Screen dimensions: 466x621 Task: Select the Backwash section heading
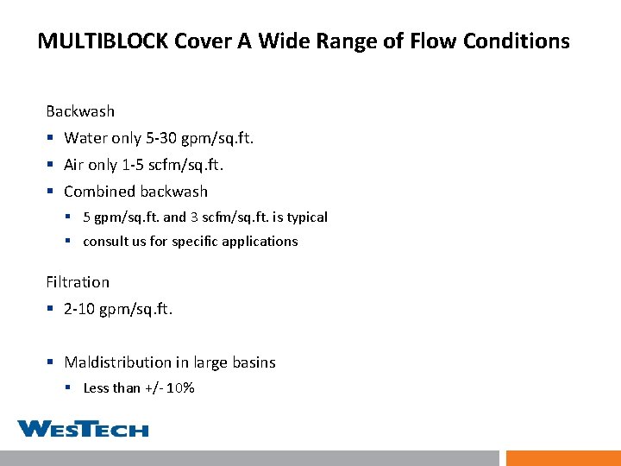click(x=80, y=111)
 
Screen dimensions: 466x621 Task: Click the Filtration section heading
click(x=78, y=282)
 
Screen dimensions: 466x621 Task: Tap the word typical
click(x=304, y=217)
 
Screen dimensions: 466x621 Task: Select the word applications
click(x=259, y=242)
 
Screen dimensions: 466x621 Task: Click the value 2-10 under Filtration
click(x=79, y=309)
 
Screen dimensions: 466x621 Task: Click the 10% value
click(x=180, y=388)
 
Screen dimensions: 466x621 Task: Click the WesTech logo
click(x=83, y=428)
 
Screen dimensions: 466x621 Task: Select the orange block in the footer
click(x=562, y=458)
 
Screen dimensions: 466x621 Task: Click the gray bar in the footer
click(x=249, y=458)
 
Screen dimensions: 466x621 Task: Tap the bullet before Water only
click(x=51, y=138)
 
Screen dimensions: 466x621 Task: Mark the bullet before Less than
click(x=70, y=388)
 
